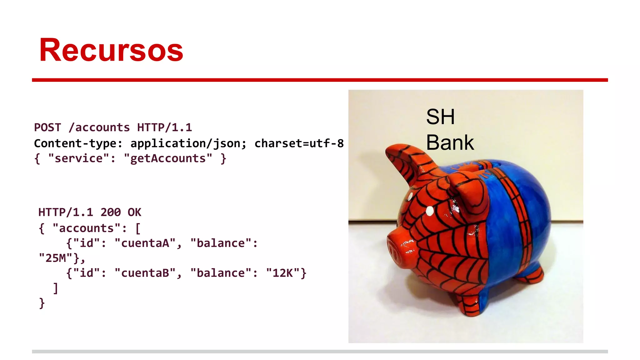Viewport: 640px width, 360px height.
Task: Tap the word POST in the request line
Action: click(47, 127)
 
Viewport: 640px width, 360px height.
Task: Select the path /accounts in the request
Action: click(99, 127)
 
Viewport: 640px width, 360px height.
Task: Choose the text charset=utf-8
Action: click(299, 143)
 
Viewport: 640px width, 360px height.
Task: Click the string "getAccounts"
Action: click(168, 158)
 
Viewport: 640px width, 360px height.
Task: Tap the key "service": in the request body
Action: click(82, 158)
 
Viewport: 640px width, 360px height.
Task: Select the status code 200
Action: click(111, 212)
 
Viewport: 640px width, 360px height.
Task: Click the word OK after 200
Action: click(134, 212)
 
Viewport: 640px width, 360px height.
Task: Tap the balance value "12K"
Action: click(283, 273)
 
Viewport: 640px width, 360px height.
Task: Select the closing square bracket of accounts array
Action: click(56, 288)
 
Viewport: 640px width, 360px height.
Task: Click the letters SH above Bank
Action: click(440, 117)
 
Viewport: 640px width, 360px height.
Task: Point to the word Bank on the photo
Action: click(450, 142)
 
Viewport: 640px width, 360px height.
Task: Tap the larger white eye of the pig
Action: click(430, 211)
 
